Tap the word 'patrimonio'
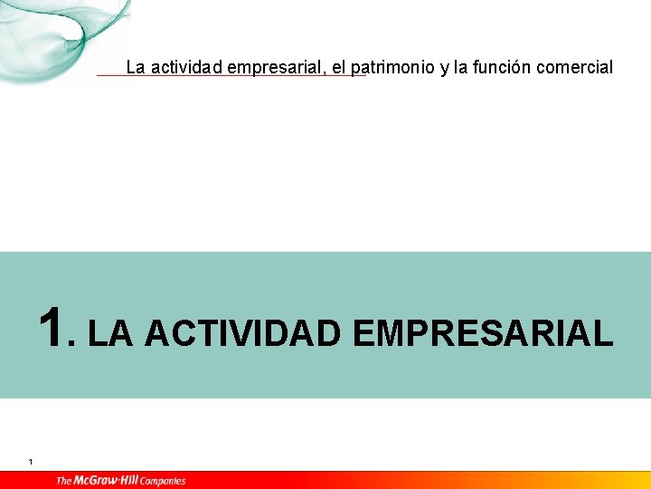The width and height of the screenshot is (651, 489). [393, 67]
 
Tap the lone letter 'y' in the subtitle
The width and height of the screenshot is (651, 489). [445, 68]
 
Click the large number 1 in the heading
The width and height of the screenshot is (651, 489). [52, 328]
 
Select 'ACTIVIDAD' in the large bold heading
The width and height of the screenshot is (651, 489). [242, 333]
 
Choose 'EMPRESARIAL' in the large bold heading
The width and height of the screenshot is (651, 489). [483, 333]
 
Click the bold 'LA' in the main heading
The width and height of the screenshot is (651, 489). [111, 333]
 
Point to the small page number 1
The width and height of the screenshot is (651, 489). [31, 463]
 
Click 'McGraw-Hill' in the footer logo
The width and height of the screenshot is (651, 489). [107, 480]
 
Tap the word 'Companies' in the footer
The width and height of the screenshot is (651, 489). [163, 481]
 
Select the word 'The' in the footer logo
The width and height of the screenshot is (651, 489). [64, 480]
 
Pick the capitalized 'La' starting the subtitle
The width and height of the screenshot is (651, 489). [136, 67]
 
